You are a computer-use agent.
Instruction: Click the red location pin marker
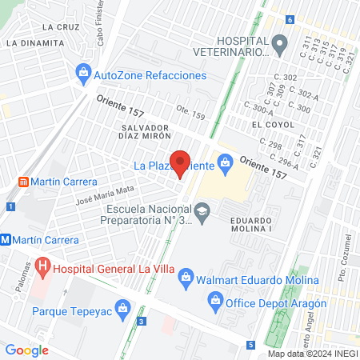[181, 162]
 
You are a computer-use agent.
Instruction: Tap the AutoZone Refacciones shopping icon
[83, 74]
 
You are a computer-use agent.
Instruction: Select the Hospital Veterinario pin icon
[279, 45]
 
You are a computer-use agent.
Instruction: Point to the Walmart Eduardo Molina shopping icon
[186, 280]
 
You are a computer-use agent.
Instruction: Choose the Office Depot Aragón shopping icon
[214, 302]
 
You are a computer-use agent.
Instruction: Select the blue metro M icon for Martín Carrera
[6, 239]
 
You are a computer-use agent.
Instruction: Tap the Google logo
[26, 350]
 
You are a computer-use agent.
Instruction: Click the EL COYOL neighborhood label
[267, 126]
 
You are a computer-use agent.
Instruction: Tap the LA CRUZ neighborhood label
[60, 26]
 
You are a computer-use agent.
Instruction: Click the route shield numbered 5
[250, 345]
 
